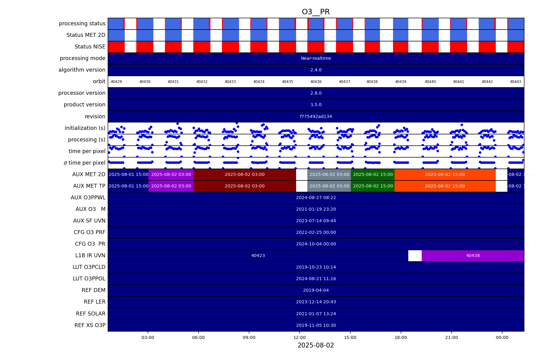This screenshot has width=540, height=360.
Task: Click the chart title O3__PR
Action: [x=316, y=12]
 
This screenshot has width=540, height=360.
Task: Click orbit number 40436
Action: [x=316, y=82]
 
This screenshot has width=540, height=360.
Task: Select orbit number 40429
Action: [x=116, y=82]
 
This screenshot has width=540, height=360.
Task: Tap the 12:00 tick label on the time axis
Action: [x=299, y=337]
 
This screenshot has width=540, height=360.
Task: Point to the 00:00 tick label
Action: [x=502, y=337]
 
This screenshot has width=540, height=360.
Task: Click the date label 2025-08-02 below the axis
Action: [x=316, y=345]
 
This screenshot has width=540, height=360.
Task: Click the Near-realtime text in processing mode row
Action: [x=316, y=58]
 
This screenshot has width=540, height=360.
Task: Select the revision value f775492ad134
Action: [x=316, y=116]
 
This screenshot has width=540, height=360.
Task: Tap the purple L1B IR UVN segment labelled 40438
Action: [x=473, y=255]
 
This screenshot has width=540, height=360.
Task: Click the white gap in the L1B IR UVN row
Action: [x=415, y=255]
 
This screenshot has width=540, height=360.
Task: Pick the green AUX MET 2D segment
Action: [x=373, y=174]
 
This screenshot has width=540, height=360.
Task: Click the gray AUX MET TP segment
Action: [x=329, y=186]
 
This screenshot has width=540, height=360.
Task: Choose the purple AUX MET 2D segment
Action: [x=171, y=174]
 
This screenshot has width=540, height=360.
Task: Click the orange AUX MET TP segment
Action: [x=445, y=186]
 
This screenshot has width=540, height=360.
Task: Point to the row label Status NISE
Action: [x=90, y=47]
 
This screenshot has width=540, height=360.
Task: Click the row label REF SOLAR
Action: [x=91, y=314]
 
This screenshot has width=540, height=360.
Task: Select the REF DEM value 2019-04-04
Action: [x=316, y=290]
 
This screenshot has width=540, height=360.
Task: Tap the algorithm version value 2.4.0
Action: [x=316, y=70]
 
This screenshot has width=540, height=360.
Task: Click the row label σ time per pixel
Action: [x=84, y=163]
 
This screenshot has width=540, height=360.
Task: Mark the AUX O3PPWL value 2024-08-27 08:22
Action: [x=316, y=198]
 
